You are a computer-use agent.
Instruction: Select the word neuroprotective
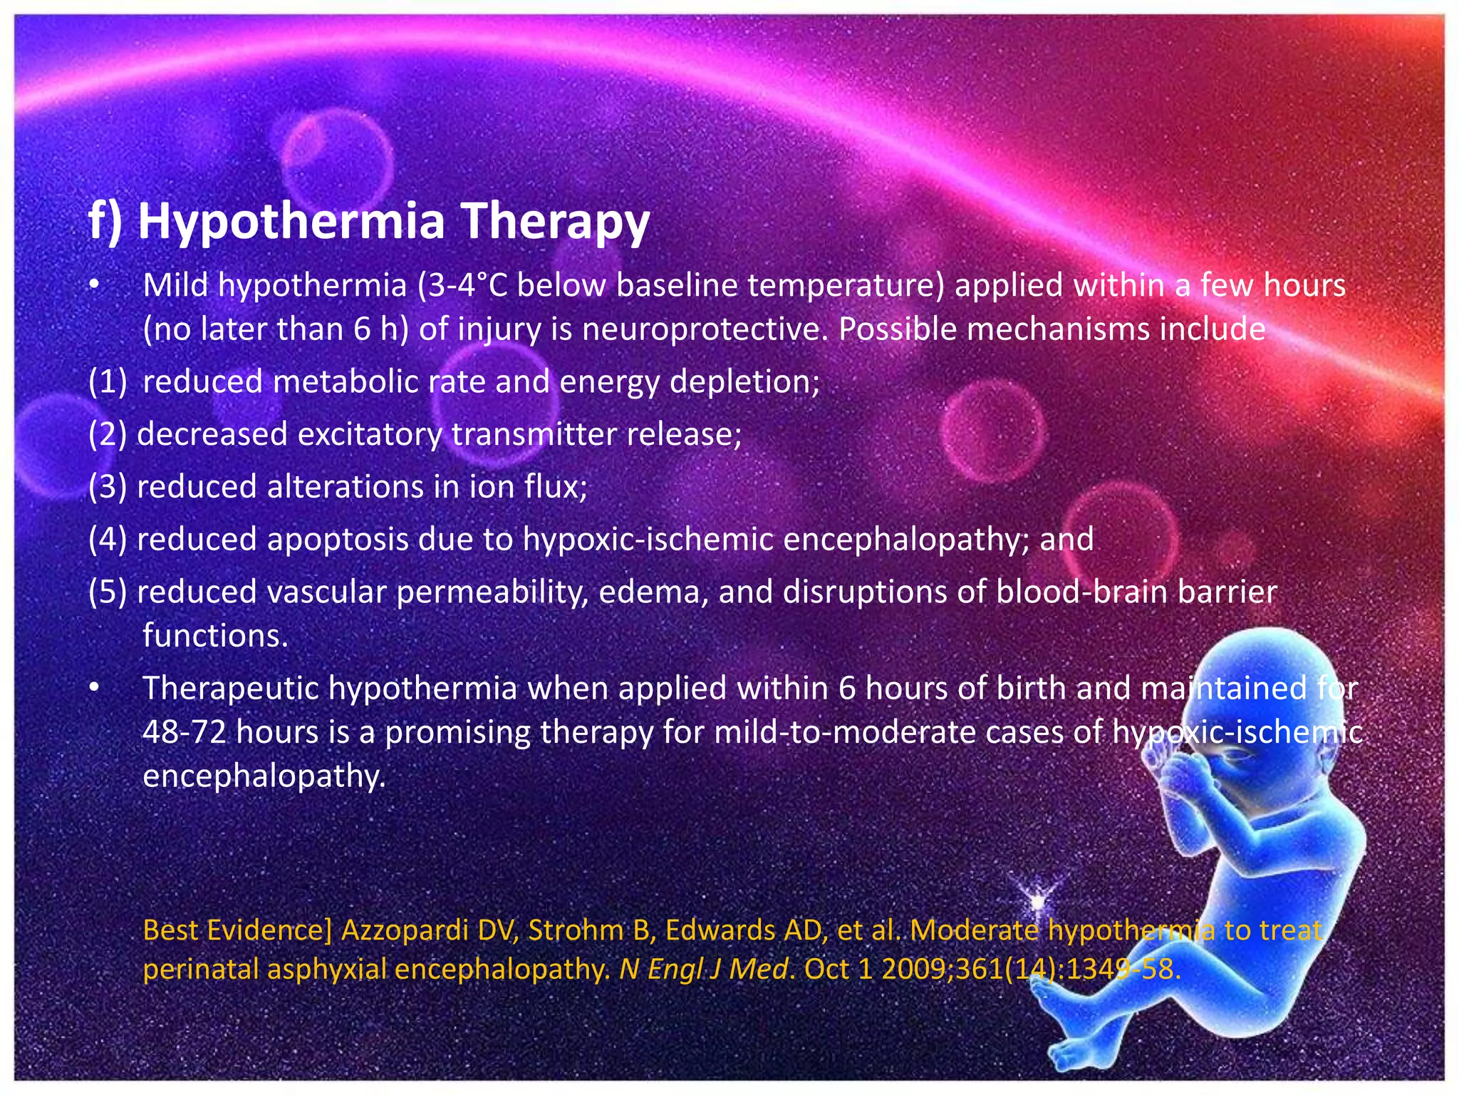point(705,329)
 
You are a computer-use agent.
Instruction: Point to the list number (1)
point(108,382)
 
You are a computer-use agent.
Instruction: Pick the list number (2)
point(108,434)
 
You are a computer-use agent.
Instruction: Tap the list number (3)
point(108,487)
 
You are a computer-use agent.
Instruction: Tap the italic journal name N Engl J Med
point(704,970)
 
